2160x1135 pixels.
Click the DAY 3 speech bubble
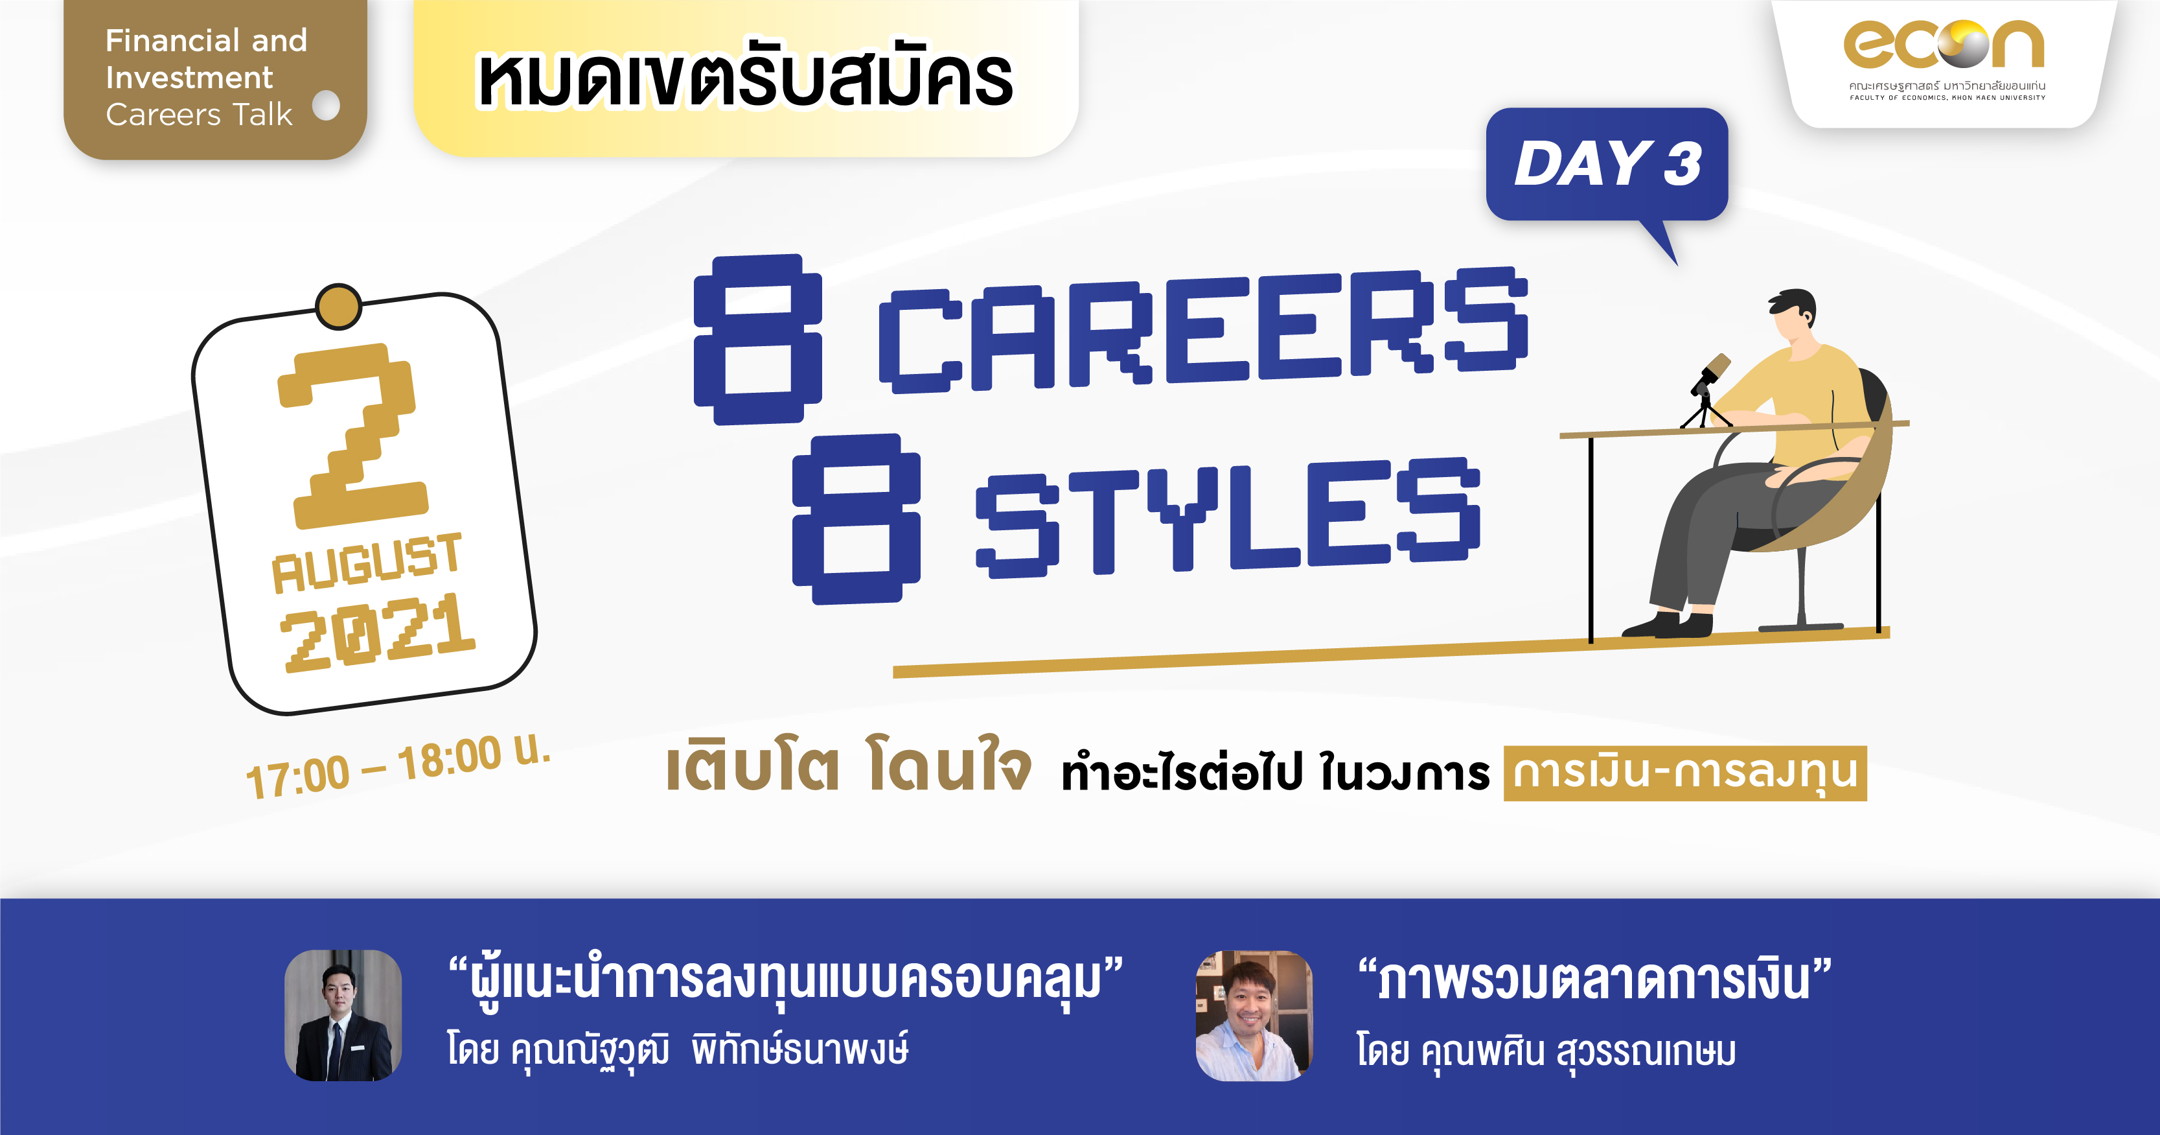(1607, 168)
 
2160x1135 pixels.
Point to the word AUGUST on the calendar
(367, 562)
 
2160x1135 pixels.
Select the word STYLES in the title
(1228, 517)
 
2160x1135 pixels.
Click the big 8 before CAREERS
(758, 339)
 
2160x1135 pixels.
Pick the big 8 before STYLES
(856, 519)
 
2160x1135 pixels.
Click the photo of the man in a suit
(343, 1015)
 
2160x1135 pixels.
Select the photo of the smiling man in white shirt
(1254, 1015)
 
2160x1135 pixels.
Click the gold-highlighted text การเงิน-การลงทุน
(1684, 773)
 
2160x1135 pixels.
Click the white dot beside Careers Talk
(326, 106)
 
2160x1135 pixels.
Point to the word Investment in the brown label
(190, 77)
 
